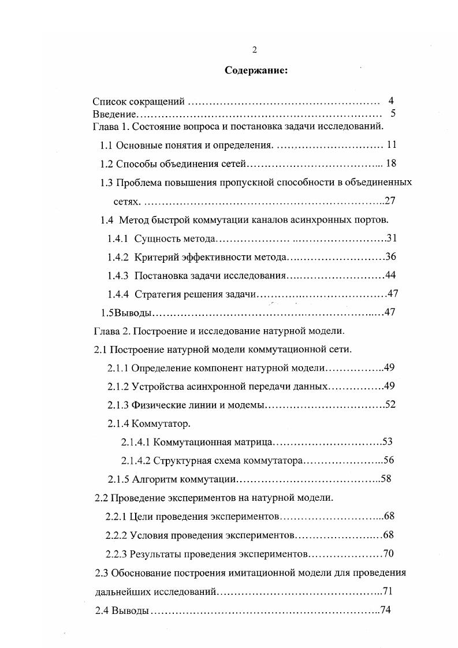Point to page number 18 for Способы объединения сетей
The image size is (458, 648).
click(390, 163)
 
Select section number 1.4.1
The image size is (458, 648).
click(118, 239)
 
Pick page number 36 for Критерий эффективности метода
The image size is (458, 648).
click(390, 256)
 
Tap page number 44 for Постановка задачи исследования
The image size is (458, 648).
click(390, 275)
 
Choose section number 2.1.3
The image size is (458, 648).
click(118, 405)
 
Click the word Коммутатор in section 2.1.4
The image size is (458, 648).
click(161, 423)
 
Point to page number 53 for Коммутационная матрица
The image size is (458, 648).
click(388, 442)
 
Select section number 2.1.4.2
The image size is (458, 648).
click(135, 460)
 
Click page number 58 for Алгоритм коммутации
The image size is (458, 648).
click(386, 479)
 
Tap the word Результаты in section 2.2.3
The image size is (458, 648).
click(153, 554)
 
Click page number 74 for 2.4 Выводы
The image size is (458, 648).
click(386, 611)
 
